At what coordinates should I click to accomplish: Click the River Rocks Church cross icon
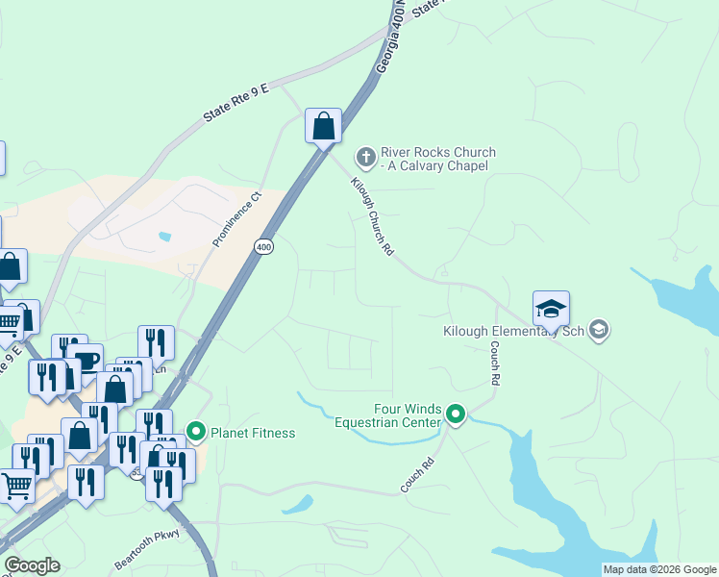tap(365, 156)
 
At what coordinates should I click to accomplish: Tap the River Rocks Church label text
tap(437, 159)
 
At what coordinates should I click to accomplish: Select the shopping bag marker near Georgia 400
tap(324, 126)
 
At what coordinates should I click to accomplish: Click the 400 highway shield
tap(263, 247)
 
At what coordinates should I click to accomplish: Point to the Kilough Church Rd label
tap(373, 216)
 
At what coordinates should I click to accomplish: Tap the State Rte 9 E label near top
tap(237, 104)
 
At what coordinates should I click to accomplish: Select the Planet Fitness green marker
tap(196, 432)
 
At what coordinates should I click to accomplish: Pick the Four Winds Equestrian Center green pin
tap(456, 415)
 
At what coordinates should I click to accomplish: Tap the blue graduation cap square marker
tap(551, 310)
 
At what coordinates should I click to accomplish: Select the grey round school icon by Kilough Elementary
tap(599, 331)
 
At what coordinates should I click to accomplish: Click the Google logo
tap(32, 565)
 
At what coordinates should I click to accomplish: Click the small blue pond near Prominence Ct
tap(165, 236)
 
